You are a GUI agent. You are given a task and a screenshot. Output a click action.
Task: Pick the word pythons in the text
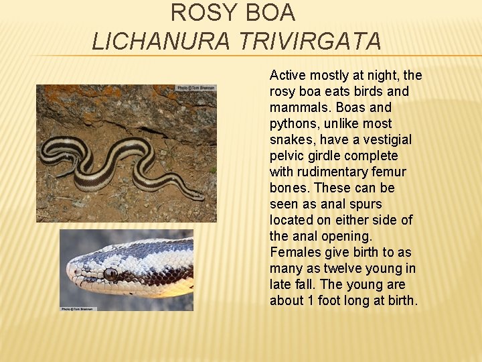(295, 123)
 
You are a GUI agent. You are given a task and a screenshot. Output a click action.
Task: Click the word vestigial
(388, 139)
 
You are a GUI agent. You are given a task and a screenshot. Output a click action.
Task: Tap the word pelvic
(287, 156)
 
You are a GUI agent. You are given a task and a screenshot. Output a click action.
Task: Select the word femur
(387, 172)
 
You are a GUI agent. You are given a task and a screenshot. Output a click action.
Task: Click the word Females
(295, 252)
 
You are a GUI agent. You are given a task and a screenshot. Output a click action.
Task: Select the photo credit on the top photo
(196, 88)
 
